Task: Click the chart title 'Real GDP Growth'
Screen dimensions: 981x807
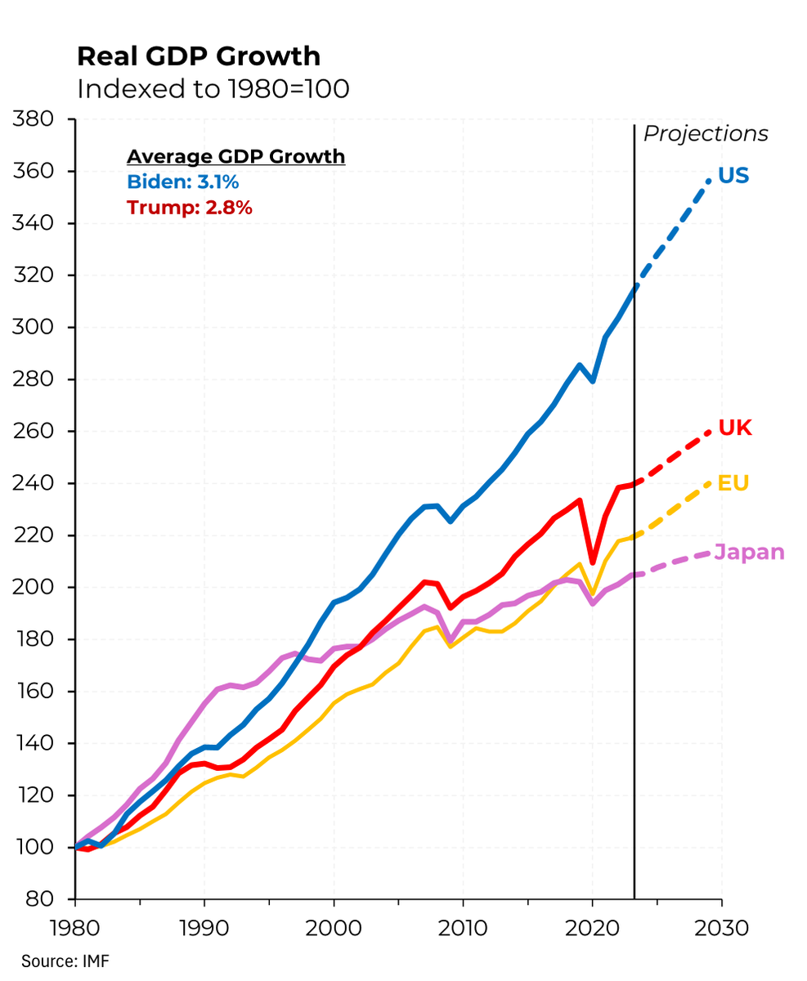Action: [x=199, y=56]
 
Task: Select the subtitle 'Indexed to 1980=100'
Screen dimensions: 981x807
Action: [x=213, y=89]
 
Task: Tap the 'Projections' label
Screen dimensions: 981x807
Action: [x=706, y=134]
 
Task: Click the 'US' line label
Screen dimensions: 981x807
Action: [x=733, y=176]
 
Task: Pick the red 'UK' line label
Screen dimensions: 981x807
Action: [x=734, y=428]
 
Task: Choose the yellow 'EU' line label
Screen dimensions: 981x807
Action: [x=733, y=483]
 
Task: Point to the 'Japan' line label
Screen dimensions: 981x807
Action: [x=749, y=553]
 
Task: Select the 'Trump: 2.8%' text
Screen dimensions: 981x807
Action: [x=189, y=208]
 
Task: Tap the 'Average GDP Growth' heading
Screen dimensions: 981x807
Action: [x=235, y=156]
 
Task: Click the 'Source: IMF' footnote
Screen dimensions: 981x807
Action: [x=65, y=961]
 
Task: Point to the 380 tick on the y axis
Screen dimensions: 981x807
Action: [x=34, y=119]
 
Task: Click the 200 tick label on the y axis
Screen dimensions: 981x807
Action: [x=34, y=588]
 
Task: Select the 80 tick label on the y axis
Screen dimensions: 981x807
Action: [x=41, y=899]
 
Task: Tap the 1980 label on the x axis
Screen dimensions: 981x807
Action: [x=75, y=929]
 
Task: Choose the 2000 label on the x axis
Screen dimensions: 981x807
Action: [x=334, y=929]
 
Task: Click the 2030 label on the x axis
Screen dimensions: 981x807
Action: [x=721, y=929]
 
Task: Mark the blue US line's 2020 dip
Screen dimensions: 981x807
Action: [x=593, y=381]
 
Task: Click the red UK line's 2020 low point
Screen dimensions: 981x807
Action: [x=593, y=562]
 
